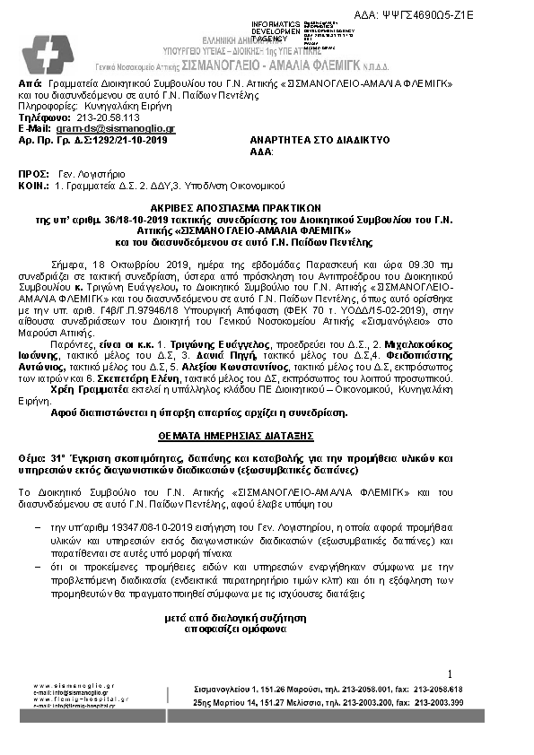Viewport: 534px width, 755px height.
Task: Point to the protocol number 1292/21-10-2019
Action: pos(120,140)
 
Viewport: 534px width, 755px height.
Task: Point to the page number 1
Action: pos(450,673)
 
